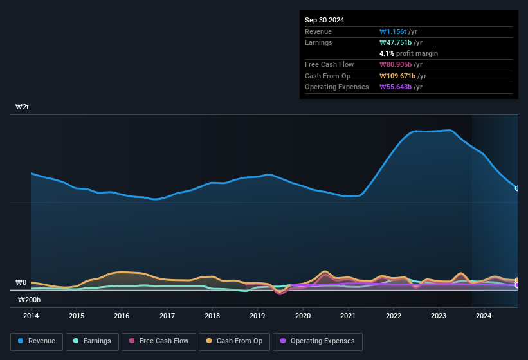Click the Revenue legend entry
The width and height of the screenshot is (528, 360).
click(37, 341)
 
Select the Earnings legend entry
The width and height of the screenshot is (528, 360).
click(93, 341)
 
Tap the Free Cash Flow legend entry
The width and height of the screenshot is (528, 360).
click(160, 341)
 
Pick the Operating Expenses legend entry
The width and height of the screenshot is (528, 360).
click(318, 341)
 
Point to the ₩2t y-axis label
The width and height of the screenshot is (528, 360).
click(22, 107)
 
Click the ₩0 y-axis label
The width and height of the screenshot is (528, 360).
click(21, 282)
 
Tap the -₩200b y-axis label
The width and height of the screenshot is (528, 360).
click(28, 300)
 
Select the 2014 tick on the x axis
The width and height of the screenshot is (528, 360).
click(31, 316)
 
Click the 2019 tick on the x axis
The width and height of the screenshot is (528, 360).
click(257, 316)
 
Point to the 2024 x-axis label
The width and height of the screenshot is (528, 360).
click(484, 316)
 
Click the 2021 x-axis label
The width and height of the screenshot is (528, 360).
click(348, 316)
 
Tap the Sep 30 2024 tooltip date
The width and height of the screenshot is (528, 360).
click(324, 20)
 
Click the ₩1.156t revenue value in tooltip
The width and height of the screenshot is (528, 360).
click(398, 32)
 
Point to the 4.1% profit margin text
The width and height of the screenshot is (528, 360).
click(408, 53)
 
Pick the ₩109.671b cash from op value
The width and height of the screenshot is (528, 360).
click(403, 76)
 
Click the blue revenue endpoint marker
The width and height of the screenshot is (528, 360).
click(517, 188)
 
